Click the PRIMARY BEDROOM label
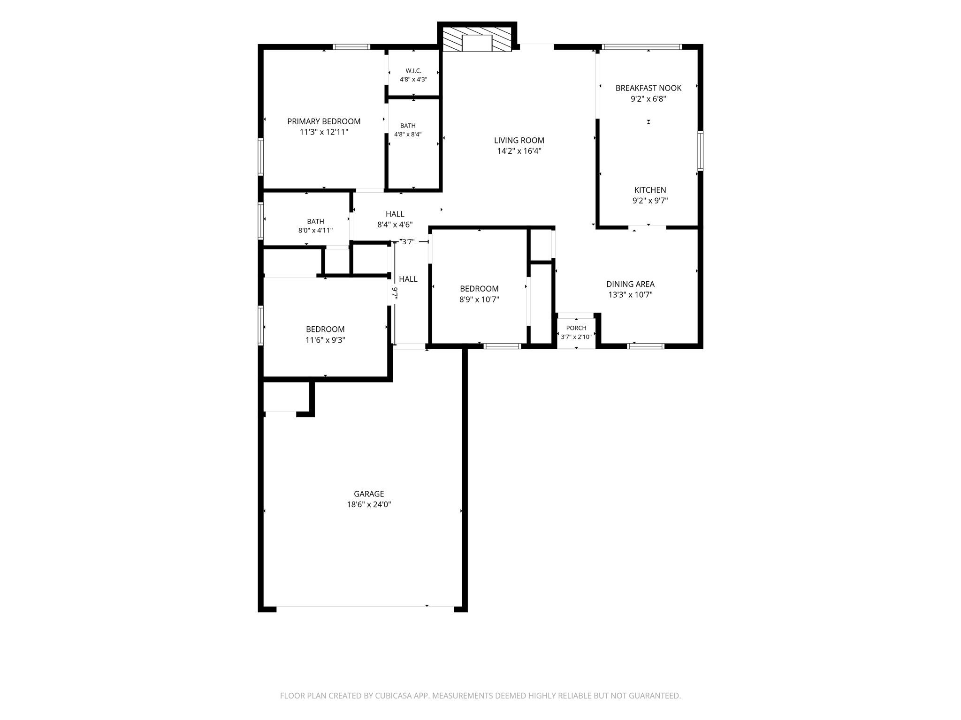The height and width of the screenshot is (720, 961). [x=324, y=121]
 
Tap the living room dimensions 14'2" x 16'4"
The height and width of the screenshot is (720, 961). [x=519, y=151]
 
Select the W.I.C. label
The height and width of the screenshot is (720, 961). [x=413, y=71]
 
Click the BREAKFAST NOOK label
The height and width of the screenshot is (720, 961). [x=648, y=88]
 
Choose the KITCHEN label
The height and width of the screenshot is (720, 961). [x=650, y=190]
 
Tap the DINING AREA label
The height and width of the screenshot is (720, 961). [x=630, y=284]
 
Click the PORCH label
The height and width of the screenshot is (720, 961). [x=576, y=328]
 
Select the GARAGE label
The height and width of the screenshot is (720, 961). [x=369, y=494]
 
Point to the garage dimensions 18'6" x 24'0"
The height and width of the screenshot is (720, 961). [x=369, y=504]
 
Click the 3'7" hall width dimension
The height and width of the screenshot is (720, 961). [x=408, y=242]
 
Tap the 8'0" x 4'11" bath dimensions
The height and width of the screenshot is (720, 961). [x=315, y=230]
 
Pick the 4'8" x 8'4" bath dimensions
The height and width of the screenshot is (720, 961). [x=408, y=134]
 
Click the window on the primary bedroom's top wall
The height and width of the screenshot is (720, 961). [x=352, y=47]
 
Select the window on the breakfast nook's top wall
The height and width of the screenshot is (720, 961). [x=642, y=47]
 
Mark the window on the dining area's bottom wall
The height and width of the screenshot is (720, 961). [x=646, y=346]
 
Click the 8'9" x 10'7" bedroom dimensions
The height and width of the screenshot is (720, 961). [x=479, y=300]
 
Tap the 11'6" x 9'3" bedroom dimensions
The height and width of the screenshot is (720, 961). [x=325, y=340]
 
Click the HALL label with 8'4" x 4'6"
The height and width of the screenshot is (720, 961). [x=395, y=214]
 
